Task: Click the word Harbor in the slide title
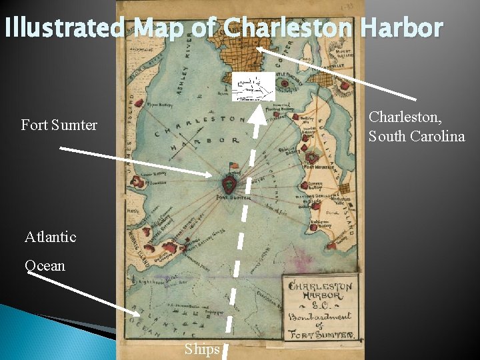tap(404, 28)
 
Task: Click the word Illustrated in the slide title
tap(64, 28)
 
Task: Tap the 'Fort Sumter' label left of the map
tap(59, 125)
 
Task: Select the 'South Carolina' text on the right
tap(417, 137)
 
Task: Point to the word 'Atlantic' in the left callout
tap(51, 237)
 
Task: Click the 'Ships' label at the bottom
tap(202, 349)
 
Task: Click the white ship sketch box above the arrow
tap(253, 87)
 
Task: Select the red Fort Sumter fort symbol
tap(230, 183)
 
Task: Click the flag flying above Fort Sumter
tap(233, 165)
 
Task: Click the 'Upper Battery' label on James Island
tap(160, 105)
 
